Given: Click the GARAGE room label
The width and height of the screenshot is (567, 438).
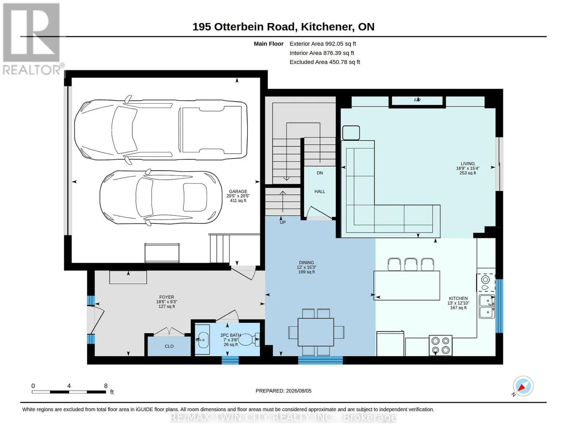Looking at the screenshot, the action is (x=238, y=191).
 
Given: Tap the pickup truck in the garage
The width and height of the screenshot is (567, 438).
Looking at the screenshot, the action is (x=161, y=130).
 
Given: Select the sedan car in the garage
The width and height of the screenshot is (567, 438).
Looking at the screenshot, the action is (x=161, y=197).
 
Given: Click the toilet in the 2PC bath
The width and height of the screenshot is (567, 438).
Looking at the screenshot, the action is (x=249, y=339).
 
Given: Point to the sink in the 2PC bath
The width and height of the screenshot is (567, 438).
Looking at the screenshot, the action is (x=203, y=340).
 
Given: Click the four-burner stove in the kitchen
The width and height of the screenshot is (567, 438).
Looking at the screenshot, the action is (x=440, y=345).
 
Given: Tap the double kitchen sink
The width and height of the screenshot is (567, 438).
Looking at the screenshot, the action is (x=487, y=307).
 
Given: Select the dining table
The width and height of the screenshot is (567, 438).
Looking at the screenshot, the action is (x=316, y=332).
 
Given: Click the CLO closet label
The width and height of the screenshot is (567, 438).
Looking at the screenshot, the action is (x=169, y=346).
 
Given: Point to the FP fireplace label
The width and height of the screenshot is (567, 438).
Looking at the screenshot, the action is (x=417, y=100).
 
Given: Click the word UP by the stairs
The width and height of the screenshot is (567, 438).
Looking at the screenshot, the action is (x=283, y=222).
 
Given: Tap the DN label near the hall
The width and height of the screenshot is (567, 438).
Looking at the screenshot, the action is (x=319, y=173).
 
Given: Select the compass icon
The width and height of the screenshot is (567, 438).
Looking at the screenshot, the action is (x=523, y=386).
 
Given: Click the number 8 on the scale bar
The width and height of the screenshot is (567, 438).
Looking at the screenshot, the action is (x=106, y=386).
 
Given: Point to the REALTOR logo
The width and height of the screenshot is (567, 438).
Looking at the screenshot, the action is (x=32, y=39).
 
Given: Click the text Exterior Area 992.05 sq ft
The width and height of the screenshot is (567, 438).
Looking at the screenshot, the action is (x=323, y=44).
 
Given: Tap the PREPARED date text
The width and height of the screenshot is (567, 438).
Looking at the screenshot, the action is (x=283, y=391).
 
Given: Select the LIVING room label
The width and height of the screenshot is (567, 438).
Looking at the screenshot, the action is (x=468, y=164).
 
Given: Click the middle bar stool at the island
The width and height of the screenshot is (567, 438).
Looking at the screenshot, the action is (x=411, y=264).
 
